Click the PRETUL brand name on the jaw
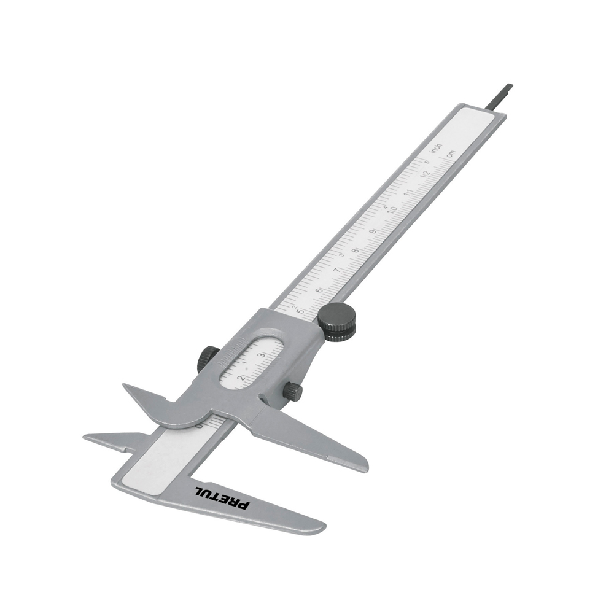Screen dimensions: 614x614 coord(222,497)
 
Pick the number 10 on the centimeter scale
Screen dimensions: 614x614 coord(391,212)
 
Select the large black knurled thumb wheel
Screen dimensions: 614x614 coord(336,322)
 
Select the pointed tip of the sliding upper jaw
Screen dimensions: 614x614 coord(125,386)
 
